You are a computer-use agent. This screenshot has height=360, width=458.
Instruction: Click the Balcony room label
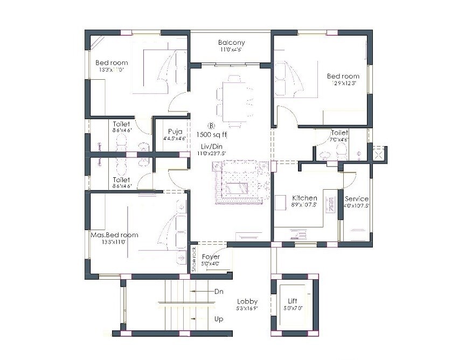coord(232,43)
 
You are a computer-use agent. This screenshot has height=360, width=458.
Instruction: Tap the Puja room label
coord(175,131)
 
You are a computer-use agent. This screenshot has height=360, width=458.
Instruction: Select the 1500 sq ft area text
coord(212,135)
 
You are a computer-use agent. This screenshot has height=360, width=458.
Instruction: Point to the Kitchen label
coord(304,198)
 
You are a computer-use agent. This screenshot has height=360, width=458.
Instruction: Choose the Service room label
coord(357,199)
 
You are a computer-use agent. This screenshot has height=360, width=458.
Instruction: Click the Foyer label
coord(211,257)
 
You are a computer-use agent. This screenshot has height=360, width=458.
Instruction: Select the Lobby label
coord(247,302)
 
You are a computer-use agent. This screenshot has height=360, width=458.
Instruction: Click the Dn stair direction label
coord(219,291)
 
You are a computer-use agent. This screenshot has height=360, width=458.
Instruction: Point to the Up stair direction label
coord(219,319)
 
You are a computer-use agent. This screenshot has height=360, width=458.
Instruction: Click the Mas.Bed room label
coord(114,235)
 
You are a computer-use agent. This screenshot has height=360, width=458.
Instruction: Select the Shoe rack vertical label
coord(194,258)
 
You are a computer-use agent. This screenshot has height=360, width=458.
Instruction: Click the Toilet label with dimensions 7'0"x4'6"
coord(339,133)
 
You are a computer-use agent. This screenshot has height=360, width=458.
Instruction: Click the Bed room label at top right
coord(343,76)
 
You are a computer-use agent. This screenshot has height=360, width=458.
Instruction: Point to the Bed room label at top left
coord(112,63)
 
